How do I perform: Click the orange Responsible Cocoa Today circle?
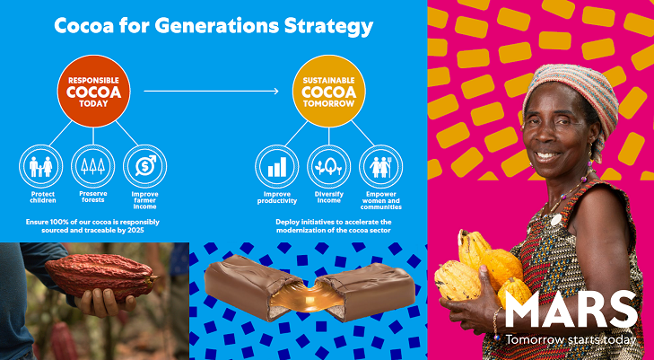[93, 91]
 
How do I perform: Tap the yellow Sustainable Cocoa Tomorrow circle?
[328, 91]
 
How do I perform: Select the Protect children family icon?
[41, 166]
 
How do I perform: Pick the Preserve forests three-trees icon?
[93, 166]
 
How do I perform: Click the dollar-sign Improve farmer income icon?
[144, 166]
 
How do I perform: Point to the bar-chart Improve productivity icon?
[277, 166]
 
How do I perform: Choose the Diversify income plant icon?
[328, 166]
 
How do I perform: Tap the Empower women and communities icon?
[380, 166]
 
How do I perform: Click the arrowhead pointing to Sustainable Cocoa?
[276, 91]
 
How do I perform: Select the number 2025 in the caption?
[135, 230]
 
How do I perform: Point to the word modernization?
[302, 230]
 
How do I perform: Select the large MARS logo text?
[571, 309]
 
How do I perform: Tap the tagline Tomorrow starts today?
[571, 339]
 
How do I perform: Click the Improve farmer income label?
[144, 200]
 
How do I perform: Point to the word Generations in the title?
[216, 26]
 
